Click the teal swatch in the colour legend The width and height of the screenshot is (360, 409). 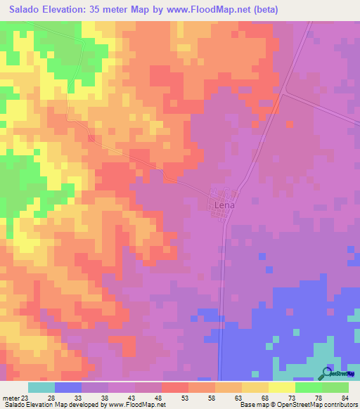(41, 387)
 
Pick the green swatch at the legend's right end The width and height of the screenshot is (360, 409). (335, 387)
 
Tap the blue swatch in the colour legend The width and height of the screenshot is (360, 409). (68, 387)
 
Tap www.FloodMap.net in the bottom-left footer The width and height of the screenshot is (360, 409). (132, 405)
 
